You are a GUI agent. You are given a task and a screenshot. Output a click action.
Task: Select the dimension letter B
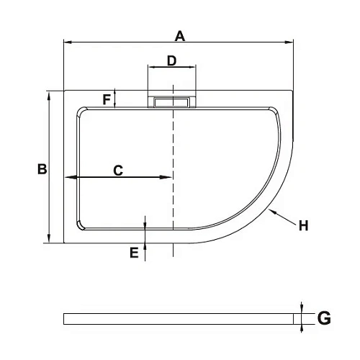pyautogui.click(x=42, y=169)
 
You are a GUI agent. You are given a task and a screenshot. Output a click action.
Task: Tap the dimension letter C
pyautogui.click(x=118, y=170)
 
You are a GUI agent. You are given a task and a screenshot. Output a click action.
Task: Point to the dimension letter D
pyautogui.click(x=171, y=60)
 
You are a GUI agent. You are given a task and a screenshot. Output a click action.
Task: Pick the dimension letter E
pyautogui.click(x=133, y=253)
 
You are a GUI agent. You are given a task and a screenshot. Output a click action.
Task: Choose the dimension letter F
pyautogui.click(x=107, y=99)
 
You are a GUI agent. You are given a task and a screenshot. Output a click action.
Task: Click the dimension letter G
pyautogui.click(x=323, y=318)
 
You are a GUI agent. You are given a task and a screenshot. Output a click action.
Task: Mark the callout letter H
pyautogui.click(x=303, y=225)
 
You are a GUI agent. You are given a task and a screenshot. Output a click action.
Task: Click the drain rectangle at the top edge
pyautogui.click(x=172, y=102)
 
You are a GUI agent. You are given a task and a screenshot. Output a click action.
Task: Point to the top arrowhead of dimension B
pyautogui.click(x=49, y=94)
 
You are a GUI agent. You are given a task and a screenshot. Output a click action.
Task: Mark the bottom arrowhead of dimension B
pyautogui.click(x=49, y=240)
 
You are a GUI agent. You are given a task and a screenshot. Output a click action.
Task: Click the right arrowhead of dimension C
pyautogui.click(x=169, y=177)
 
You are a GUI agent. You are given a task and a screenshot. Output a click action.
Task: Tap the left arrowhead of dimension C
pyautogui.click(x=68, y=177)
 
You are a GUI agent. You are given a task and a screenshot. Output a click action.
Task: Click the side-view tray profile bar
pyautogui.click(x=180, y=318)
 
